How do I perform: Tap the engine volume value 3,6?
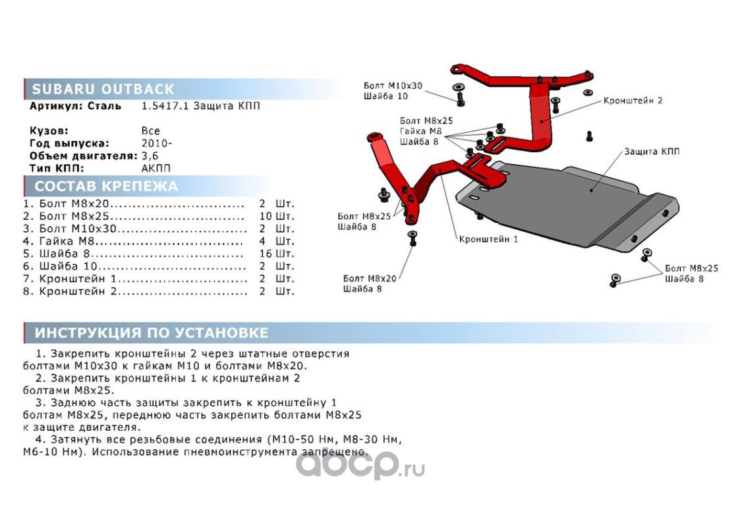click(x=150, y=155)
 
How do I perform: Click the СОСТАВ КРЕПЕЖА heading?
click(x=105, y=186)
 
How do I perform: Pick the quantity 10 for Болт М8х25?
click(x=266, y=216)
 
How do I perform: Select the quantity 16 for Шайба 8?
click(x=266, y=254)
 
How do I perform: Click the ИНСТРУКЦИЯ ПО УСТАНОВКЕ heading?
click(x=152, y=333)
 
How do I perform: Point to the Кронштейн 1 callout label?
click(x=488, y=238)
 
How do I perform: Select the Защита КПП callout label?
click(x=652, y=152)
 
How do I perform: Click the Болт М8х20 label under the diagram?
click(x=370, y=279)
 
